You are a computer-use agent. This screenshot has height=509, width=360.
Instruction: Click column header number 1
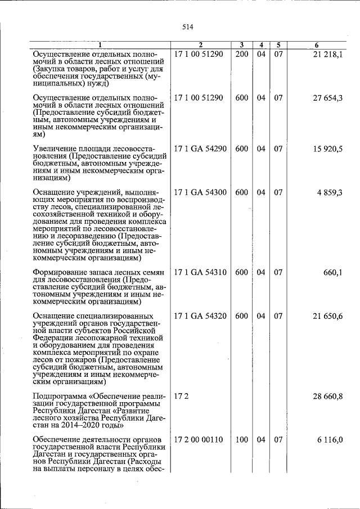(99, 45)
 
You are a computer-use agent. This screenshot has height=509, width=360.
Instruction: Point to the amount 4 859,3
(330, 192)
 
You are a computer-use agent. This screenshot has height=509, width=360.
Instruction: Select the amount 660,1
(332, 272)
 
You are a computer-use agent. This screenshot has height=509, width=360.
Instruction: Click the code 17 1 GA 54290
(200, 148)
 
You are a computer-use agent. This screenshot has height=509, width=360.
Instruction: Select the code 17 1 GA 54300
(200, 192)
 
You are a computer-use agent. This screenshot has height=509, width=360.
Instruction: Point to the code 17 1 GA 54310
(200, 272)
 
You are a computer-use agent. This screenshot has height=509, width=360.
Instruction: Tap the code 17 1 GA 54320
(200, 316)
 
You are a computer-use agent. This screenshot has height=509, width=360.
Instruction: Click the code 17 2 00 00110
(199, 440)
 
